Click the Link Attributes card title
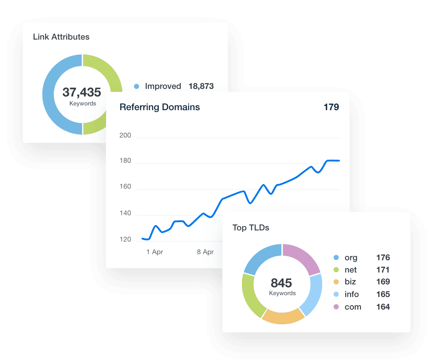pyautogui.click(x=61, y=37)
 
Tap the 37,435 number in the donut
pyautogui.click(x=82, y=92)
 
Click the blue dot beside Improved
pyautogui.click(x=136, y=86)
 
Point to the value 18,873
pyautogui.click(x=201, y=86)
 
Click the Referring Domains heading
pyautogui.click(x=159, y=107)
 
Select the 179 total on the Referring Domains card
pyautogui.click(x=331, y=107)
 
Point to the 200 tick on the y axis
pyautogui.click(x=125, y=136)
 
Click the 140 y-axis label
pyautogui.click(x=125, y=214)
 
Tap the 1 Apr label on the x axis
pyautogui.click(x=155, y=252)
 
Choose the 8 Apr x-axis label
pyautogui.click(x=205, y=252)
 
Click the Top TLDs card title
pyautogui.click(x=251, y=228)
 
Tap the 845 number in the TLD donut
pyautogui.click(x=282, y=283)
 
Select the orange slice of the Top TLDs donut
pyautogui.click(x=283, y=317)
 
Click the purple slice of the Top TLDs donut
pyautogui.click(x=302, y=257)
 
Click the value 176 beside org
pyautogui.click(x=383, y=257)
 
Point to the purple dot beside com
pyautogui.click(x=336, y=307)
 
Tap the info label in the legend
pyautogui.click(x=352, y=294)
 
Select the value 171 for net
pyautogui.click(x=383, y=270)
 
